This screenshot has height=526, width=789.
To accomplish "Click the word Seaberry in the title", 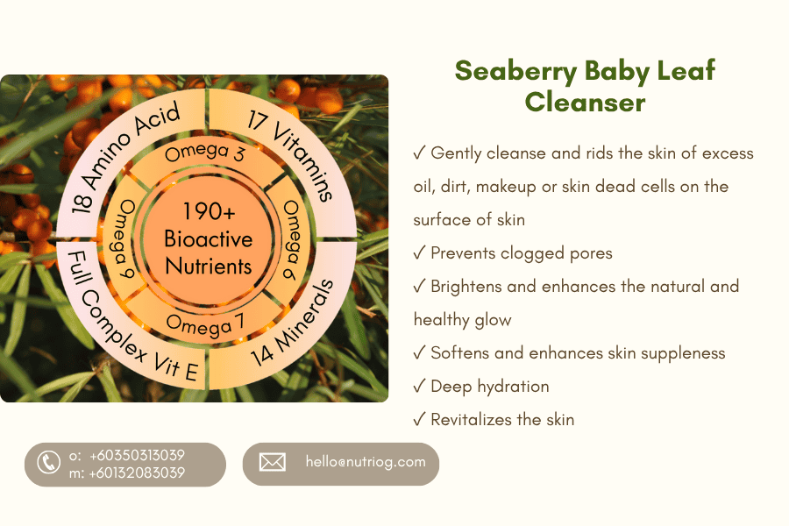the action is pos(515,72).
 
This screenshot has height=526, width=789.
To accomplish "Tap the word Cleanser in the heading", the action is pos(585,103).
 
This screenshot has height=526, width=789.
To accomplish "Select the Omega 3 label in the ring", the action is pos(204,152).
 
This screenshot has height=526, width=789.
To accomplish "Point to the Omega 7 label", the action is pos(205,325).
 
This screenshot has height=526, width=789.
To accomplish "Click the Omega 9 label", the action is pos(124,239).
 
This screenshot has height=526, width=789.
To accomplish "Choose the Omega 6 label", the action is pos(291,239).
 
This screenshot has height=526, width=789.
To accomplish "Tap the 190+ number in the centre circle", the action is pos(209,211).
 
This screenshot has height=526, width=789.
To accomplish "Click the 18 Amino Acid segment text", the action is pos(124,156).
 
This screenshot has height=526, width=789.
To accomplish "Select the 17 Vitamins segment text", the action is pos(291,155).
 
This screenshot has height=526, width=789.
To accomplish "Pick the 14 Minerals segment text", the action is pos(292,322).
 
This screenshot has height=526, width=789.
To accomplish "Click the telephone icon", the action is pos(48,462).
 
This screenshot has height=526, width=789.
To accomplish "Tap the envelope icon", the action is pos(273,462).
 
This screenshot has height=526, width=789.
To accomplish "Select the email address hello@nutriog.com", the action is pos(366,462).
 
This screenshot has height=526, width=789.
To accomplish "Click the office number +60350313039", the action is pos(137,455).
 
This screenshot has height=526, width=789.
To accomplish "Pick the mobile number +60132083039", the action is pos(137,473).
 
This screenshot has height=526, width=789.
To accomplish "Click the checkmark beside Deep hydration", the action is pos(419,387).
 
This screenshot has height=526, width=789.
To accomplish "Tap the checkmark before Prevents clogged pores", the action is pos(419,253).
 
